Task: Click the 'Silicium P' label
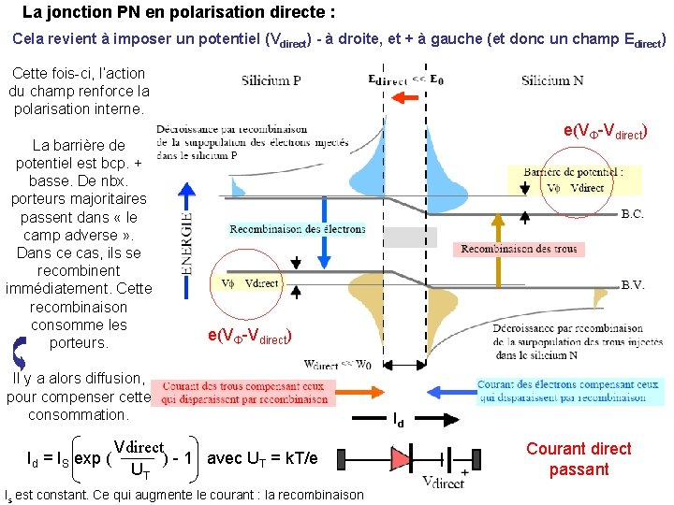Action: [271, 80]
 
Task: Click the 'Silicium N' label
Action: [552, 80]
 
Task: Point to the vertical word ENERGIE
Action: [187, 242]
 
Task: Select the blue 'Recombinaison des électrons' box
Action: [297, 229]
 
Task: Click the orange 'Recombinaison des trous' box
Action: [518, 249]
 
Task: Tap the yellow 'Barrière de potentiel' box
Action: [574, 180]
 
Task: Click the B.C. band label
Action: [632, 214]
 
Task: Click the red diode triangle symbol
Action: [400, 459]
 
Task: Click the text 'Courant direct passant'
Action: [579, 458]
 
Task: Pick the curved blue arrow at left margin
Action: [19, 350]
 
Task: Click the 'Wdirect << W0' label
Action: [339, 366]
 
